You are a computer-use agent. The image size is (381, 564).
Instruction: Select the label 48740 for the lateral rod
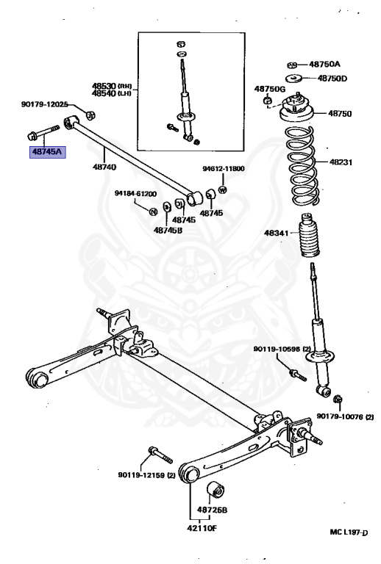click(104, 167)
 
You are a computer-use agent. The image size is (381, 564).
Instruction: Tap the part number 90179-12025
click(44, 105)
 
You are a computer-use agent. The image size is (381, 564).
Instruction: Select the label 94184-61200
click(135, 194)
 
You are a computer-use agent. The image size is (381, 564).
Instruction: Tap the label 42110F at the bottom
click(197, 527)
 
